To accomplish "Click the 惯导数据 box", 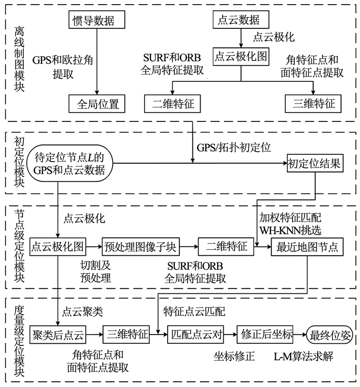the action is point(97,20).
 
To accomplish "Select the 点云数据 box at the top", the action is point(241,20).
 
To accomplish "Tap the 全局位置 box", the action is point(97,103).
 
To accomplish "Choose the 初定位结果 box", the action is point(315,163).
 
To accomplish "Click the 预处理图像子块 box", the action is point(141,247).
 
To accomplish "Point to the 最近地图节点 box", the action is point(307,247).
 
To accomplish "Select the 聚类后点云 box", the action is point(58,335).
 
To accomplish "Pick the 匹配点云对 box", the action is point(195,335).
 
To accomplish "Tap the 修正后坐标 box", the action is point(265,335).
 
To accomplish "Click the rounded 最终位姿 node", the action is point(330,335).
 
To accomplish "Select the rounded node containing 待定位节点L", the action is point(69,163).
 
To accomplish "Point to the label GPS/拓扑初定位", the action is point(234,148).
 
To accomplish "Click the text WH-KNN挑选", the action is point(291,230).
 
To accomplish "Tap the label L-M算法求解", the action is point(303,356).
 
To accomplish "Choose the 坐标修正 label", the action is point(234,356).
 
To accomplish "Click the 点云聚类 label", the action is point(82,311).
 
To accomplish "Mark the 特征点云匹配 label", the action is point(194,311).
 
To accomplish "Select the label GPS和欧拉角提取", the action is point(63,67).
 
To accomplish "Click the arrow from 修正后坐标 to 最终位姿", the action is point(300,335).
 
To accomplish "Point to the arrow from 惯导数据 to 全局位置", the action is point(97,61).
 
